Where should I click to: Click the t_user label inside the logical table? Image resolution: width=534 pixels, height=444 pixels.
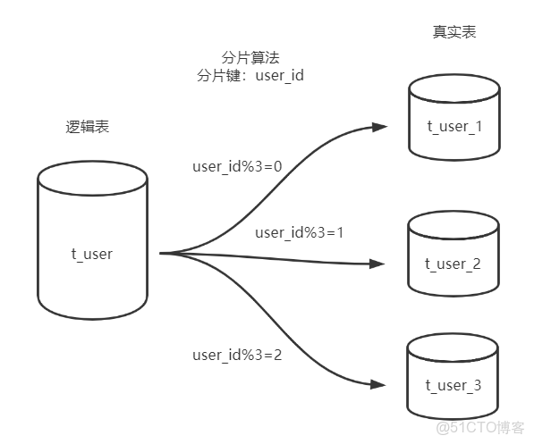pos(92,254)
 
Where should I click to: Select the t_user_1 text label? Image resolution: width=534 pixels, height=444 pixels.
pos(453,126)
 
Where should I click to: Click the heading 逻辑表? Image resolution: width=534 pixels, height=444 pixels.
pos(81,128)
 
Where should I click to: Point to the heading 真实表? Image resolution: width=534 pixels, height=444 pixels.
pos(453,32)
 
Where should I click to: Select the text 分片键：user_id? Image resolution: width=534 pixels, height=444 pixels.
pos(250,76)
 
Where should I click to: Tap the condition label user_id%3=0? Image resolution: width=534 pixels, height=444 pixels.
pos(237,166)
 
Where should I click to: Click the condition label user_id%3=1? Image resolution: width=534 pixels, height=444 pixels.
pos(300,232)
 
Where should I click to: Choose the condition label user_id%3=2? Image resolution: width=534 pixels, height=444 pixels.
pos(237,355)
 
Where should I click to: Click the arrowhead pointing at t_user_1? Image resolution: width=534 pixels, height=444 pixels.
pos(380,127)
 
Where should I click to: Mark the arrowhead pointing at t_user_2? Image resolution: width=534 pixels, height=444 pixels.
pos(378,264)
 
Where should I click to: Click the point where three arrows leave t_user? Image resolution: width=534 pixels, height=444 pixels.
pos(162,254)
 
